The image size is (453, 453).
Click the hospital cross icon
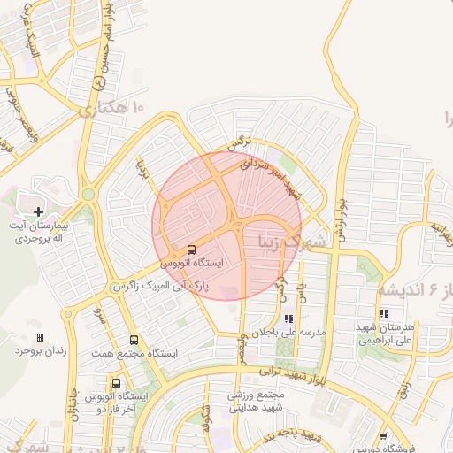(x=39, y=211)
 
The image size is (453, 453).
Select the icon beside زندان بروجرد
(x=40, y=337)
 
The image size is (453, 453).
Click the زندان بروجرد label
(x=40, y=350)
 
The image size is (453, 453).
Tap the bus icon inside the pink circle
(x=192, y=250)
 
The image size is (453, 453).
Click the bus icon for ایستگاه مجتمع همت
(x=134, y=340)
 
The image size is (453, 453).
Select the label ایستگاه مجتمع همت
(x=134, y=353)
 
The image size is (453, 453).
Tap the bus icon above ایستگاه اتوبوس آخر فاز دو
(x=116, y=383)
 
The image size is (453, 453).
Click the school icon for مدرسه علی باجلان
(x=288, y=319)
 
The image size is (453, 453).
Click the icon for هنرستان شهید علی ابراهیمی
(x=384, y=313)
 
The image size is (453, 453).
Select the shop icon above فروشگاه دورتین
(x=382, y=436)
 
